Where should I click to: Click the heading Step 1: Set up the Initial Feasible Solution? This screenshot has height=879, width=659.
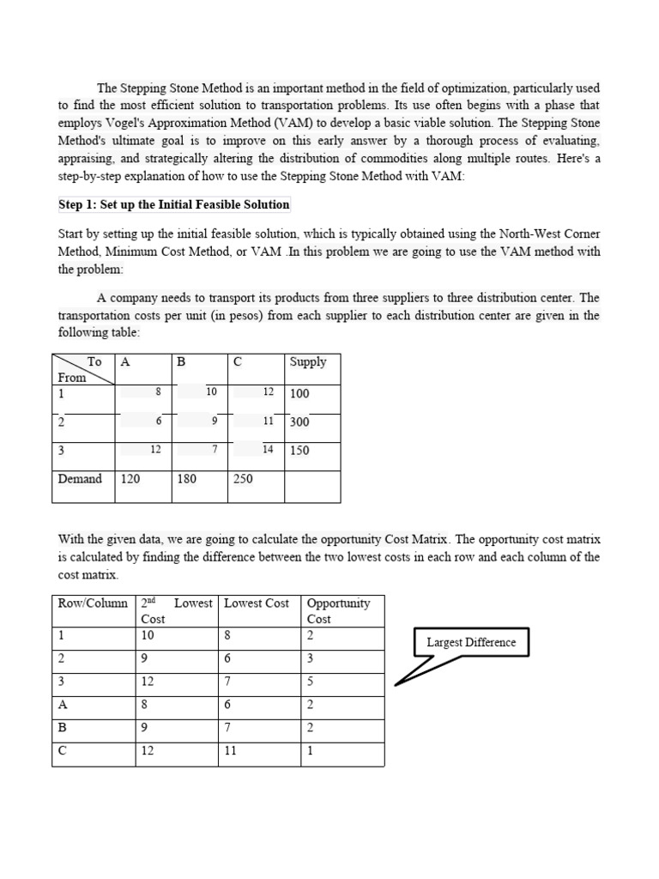(174, 204)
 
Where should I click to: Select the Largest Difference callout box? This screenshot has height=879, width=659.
(471, 642)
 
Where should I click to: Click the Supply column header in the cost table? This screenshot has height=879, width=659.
(308, 361)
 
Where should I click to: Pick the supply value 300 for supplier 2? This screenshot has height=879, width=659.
(299, 421)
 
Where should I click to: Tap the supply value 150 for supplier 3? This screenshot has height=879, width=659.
(299, 450)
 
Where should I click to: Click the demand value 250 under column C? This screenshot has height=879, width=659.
(243, 479)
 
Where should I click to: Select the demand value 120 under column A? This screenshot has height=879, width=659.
(130, 479)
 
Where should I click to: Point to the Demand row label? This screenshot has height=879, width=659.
(80, 479)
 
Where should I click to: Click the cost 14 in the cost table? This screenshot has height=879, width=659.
(268, 449)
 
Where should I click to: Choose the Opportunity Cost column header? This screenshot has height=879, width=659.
(338, 610)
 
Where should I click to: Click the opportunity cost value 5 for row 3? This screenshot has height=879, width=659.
(311, 682)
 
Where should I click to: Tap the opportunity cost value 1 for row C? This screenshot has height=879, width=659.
(311, 749)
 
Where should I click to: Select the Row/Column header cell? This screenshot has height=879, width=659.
(93, 603)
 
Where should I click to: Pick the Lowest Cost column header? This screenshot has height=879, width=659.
(257, 603)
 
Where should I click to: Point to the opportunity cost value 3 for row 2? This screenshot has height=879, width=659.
(311, 658)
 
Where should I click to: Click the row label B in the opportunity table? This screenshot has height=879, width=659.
(63, 727)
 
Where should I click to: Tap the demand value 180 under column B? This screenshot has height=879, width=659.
(186, 479)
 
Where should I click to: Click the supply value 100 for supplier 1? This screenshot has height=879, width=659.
(299, 393)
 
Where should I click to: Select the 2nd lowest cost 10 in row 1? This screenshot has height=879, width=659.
(148, 636)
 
